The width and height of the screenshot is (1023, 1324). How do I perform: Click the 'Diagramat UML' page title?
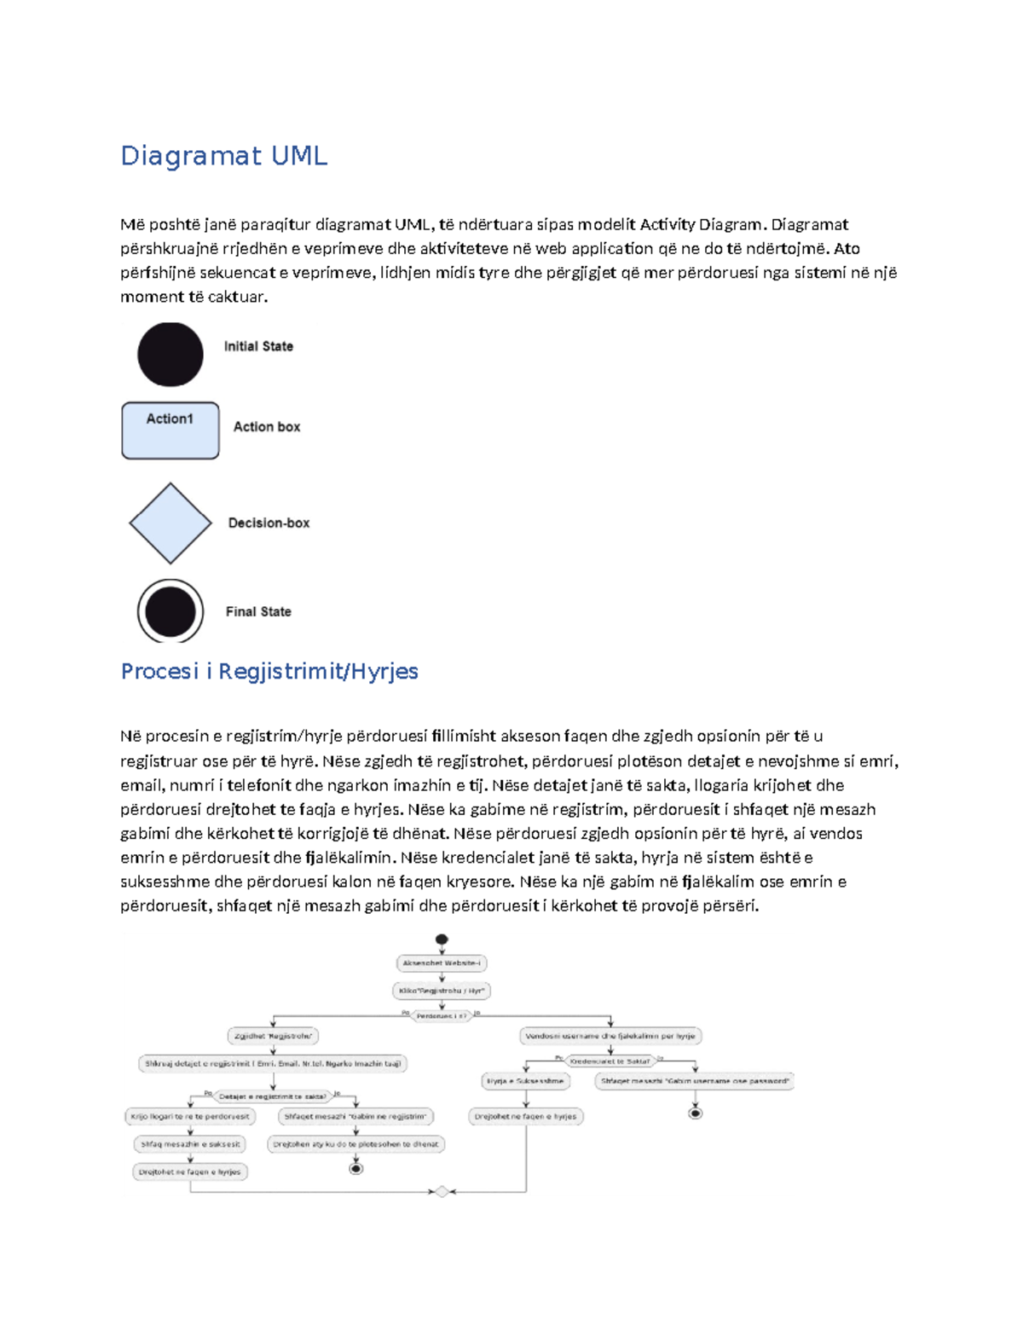(x=223, y=156)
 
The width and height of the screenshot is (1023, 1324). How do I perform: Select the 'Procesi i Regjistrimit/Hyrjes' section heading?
(x=269, y=672)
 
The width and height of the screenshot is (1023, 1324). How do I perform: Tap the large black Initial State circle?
(x=170, y=355)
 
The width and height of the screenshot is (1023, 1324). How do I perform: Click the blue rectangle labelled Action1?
(x=170, y=431)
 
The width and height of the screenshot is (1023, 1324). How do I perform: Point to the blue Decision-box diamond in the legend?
(x=170, y=523)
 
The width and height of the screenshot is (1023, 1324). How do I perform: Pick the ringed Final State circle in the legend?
(x=170, y=611)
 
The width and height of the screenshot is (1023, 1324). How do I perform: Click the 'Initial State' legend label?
(x=258, y=346)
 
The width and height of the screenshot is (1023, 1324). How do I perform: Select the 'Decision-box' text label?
(x=269, y=523)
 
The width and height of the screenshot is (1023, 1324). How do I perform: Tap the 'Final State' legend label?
(x=258, y=611)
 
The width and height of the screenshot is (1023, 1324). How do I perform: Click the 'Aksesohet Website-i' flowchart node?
(x=442, y=963)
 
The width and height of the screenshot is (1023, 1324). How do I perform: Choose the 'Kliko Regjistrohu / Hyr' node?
(x=442, y=991)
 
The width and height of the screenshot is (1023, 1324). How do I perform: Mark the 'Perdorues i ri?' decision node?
(x=442, y=1016)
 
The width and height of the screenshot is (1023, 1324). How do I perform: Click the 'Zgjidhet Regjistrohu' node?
(x=273, y=1036)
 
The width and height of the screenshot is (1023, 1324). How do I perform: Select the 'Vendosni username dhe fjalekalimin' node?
(x=610, y=1036)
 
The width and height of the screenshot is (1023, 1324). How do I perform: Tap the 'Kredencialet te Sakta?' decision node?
(x=610, y=1061)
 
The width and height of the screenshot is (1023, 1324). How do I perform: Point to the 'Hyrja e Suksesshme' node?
(x=525, y=1081)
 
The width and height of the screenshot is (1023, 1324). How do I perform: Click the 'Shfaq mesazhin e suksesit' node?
(x=190, y=1144)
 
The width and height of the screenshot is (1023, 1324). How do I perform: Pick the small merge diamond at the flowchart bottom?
(x=442, y=1192)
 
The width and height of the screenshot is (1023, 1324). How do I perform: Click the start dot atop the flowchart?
(x=442, y=940)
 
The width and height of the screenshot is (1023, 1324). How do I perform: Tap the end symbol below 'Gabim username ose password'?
(x=696, y=1113)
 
